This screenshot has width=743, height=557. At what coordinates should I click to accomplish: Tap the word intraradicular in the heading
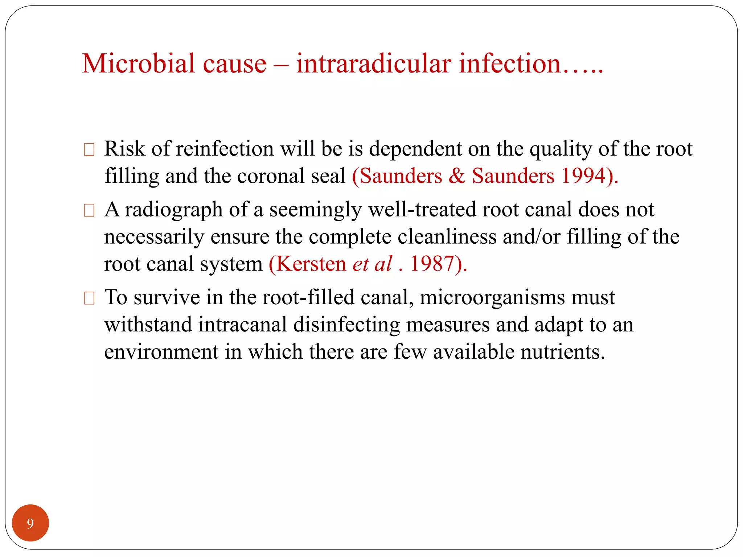[x=374, y=64]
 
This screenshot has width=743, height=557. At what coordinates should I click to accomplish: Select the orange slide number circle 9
[x=30, y=523]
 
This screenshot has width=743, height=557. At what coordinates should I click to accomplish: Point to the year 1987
[x=432, y=264]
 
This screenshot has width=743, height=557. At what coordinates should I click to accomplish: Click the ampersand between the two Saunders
[x=457, y=176]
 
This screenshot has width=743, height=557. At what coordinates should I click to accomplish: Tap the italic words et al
[x=372, y=264]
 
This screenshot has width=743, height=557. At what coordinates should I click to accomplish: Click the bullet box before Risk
[x=89, y=150]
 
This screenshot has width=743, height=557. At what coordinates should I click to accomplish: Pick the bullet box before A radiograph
[x=89, y=210]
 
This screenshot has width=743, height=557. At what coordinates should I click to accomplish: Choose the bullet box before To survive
[x=89, y=298]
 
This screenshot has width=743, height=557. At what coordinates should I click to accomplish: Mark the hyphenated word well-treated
[x=422, y=210]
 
